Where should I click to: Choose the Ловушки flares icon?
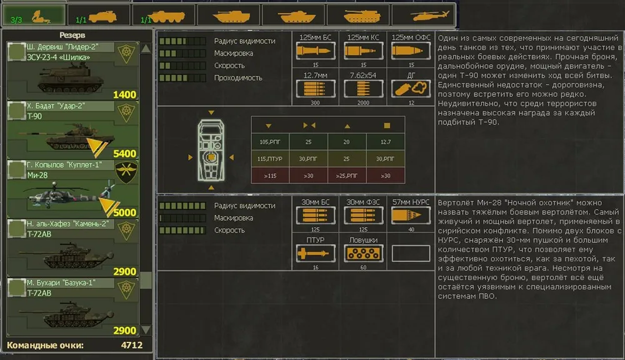coord(364,253)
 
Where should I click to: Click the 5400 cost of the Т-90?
coord(124,154)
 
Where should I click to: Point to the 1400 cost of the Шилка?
coord(124,95)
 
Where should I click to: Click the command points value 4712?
coord(131,345)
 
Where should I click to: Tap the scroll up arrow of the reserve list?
coord(146,49)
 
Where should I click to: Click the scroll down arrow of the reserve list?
coord(146,329)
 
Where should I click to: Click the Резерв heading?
coord(72,35)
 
